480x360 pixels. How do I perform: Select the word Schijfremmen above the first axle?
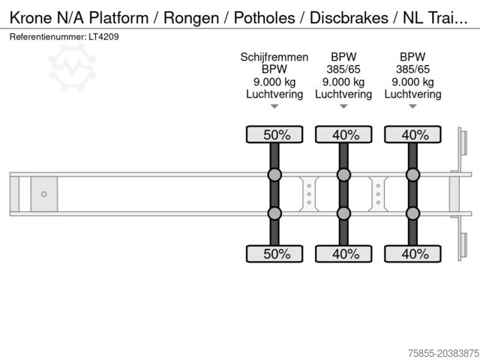274,57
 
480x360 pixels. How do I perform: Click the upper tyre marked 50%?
274,135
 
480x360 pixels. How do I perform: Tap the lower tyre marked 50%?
274,253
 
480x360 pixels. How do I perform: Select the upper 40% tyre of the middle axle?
343,135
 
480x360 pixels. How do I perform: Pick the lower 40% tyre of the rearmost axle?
412,253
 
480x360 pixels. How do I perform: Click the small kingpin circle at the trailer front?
44,194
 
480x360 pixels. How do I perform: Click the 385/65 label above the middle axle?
343,70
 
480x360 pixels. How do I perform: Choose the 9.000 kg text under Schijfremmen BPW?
274,82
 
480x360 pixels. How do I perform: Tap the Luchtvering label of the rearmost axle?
412,94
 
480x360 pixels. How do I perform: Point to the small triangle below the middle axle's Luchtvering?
343,106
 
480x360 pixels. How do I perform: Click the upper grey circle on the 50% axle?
274,175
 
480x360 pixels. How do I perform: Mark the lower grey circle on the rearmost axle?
412,214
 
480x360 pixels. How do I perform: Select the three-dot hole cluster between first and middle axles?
309,194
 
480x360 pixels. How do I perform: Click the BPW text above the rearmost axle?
412,57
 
